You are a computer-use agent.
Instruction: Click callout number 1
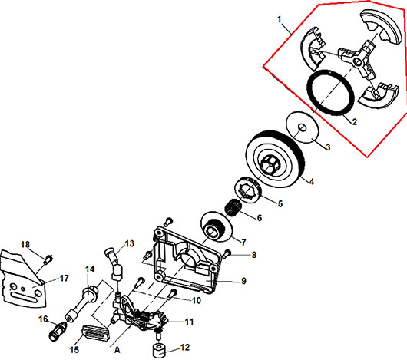[x=280, y=19]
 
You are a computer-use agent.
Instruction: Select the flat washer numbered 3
[x=302, y=127]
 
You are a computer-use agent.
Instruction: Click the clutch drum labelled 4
[x=274, y=159]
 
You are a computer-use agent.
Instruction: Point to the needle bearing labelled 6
[x=233, y=207]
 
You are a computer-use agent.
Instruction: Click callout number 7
[x=243, y=243]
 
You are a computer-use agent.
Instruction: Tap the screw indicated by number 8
[x=227, y=253]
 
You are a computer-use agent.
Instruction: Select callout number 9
[x=243, y=281]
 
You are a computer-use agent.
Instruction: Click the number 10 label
[x=197, y=300]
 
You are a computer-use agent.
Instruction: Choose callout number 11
[x=189, y=322]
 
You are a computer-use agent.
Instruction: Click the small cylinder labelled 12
[x=160, y=351]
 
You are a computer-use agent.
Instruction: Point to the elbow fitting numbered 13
[x=114, y=263]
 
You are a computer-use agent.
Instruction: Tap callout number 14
[x=90, y=269]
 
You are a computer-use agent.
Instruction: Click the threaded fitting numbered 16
[x=58, y=332]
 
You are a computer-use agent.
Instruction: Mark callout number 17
[x=64, y=279]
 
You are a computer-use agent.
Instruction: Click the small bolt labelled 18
[x=48, y=259]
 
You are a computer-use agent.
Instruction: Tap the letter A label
[x=117, y=350]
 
